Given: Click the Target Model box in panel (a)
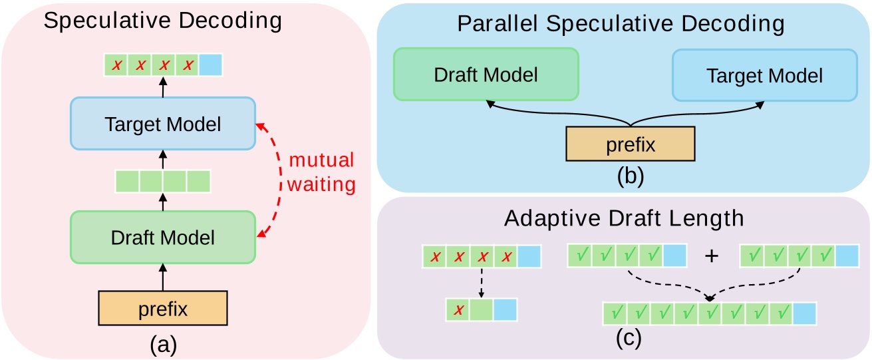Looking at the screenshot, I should [162, 124].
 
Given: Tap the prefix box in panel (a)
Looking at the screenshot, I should [162, 309].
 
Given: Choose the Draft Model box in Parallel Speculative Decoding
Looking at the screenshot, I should [486, 75].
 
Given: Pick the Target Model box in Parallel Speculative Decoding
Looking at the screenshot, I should [764, 75].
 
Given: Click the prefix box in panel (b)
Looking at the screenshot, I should [629, 144].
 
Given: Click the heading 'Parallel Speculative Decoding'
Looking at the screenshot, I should [621, 25].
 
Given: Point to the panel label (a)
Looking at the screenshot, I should [162, 344].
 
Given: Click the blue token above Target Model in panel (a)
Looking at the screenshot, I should [210, 65].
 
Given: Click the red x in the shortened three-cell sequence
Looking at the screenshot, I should [457, 310].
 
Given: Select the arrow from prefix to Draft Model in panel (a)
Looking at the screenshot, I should [162, 275].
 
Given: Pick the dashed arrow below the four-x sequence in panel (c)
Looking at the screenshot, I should [481, 282].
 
